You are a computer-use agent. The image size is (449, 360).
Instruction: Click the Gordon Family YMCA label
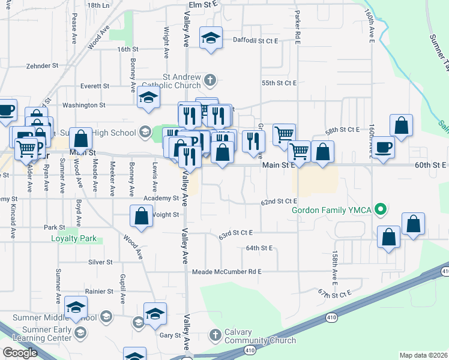pos(332,210)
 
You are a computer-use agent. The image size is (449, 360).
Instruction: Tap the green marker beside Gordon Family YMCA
pos(379,210)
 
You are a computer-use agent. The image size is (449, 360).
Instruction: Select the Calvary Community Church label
pos(259,336)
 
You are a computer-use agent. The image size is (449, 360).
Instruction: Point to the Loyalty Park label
pos(74,238)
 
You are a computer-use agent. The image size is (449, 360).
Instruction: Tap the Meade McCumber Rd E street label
pos(227,272)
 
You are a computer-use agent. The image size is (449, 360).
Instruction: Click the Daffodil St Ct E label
pos(255,41)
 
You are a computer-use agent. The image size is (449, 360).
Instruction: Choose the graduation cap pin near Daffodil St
pos(211,38)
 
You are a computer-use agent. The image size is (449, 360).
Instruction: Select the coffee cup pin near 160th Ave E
pos(384,147)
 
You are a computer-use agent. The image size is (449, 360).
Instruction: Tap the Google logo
pos(20,353)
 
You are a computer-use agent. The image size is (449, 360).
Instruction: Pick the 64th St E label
pos(259,248)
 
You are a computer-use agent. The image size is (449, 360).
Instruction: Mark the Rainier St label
pos(100,292)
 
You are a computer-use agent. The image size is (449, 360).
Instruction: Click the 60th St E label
pos(431,164)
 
